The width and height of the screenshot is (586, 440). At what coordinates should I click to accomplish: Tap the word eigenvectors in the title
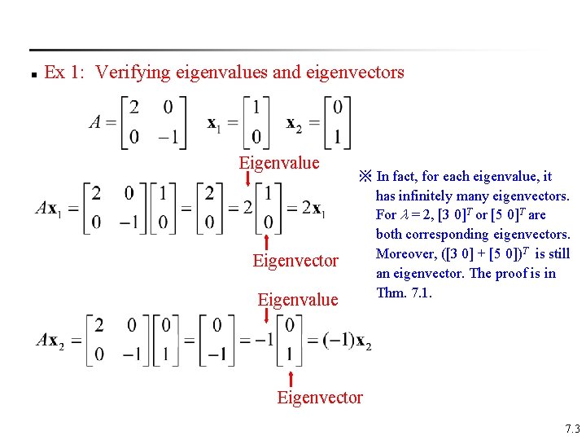(354, 73)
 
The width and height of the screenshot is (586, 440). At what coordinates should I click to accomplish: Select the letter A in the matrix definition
(96, 122)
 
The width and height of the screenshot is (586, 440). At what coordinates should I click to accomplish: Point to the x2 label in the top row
(294, 123)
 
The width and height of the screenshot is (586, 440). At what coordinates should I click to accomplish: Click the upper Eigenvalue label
(278, 162)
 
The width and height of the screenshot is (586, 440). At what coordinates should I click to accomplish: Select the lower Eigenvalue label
(297, 299)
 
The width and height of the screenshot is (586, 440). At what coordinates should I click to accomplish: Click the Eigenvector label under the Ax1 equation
(295, 261)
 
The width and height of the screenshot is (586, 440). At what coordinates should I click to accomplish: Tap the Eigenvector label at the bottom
(320, 398)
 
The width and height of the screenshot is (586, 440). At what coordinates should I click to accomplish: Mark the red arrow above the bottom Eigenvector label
(292, 378)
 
